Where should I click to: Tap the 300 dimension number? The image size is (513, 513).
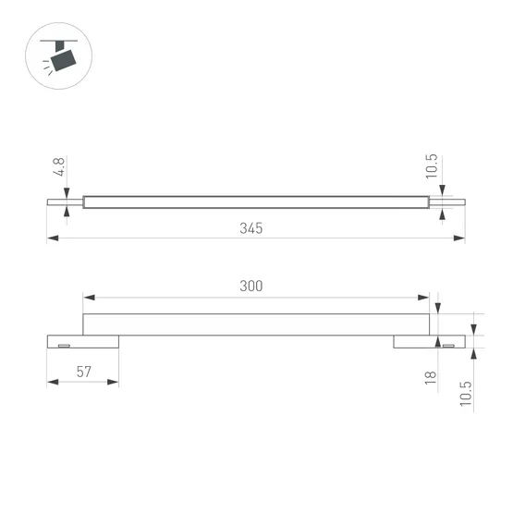click(250, 286)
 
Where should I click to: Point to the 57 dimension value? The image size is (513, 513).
click(83, 372)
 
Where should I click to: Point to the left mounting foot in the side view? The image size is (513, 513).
click(82, 341)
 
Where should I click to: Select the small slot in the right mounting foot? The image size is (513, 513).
click(448, 345)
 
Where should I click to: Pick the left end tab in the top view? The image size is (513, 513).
click(64, 202)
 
